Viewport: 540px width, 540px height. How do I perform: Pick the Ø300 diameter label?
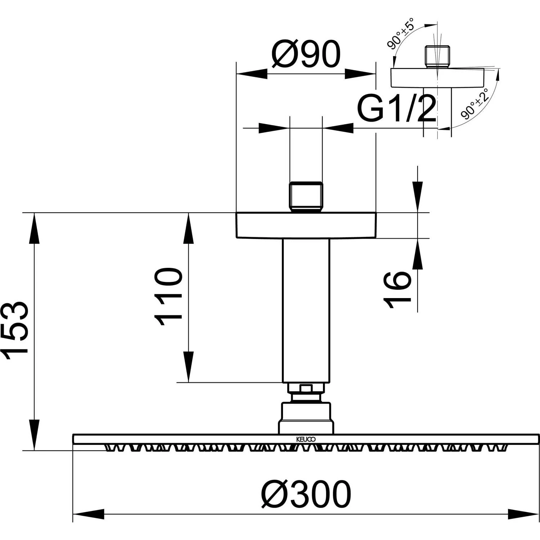point(306,494)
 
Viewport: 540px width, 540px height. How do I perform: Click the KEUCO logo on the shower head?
point(306,439)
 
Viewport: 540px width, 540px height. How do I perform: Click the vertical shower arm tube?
point(306,310)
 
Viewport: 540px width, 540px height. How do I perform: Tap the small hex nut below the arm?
point(306,388)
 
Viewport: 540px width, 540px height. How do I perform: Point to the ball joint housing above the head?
point(306,418)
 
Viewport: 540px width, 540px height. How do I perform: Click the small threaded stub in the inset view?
point(437,57)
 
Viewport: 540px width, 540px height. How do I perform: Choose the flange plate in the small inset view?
point(437,77)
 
